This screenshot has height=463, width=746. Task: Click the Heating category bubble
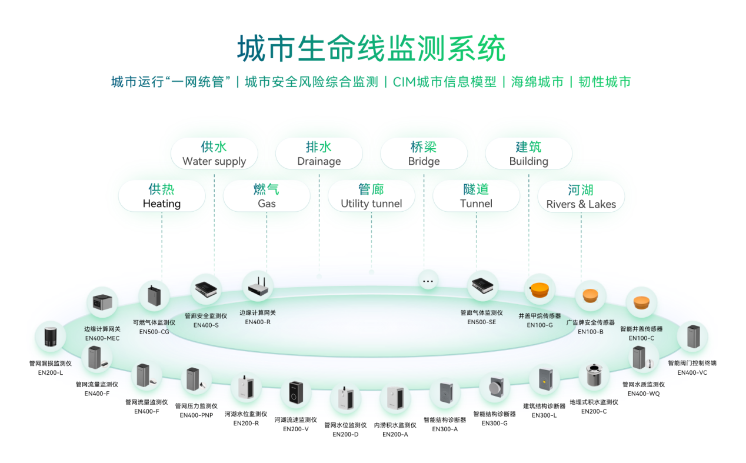coord(162,196)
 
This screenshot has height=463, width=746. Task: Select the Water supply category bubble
coord(214,154)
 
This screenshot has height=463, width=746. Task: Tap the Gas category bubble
coord(267,196)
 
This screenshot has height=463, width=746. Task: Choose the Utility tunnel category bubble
coord(371,196)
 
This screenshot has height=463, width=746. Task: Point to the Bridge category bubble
coord(424,154)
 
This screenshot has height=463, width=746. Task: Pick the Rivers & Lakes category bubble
coord(581,196)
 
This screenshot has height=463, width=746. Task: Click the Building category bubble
coord(528,154)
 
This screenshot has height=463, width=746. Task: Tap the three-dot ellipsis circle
coord(428,281)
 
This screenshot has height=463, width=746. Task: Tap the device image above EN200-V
coord(295,394)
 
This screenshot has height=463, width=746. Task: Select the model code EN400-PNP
coord(197,415)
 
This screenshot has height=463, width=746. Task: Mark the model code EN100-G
coord(539,325)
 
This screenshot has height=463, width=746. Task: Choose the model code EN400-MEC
coord(102,338)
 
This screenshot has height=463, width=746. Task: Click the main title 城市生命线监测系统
coord(371,49)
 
